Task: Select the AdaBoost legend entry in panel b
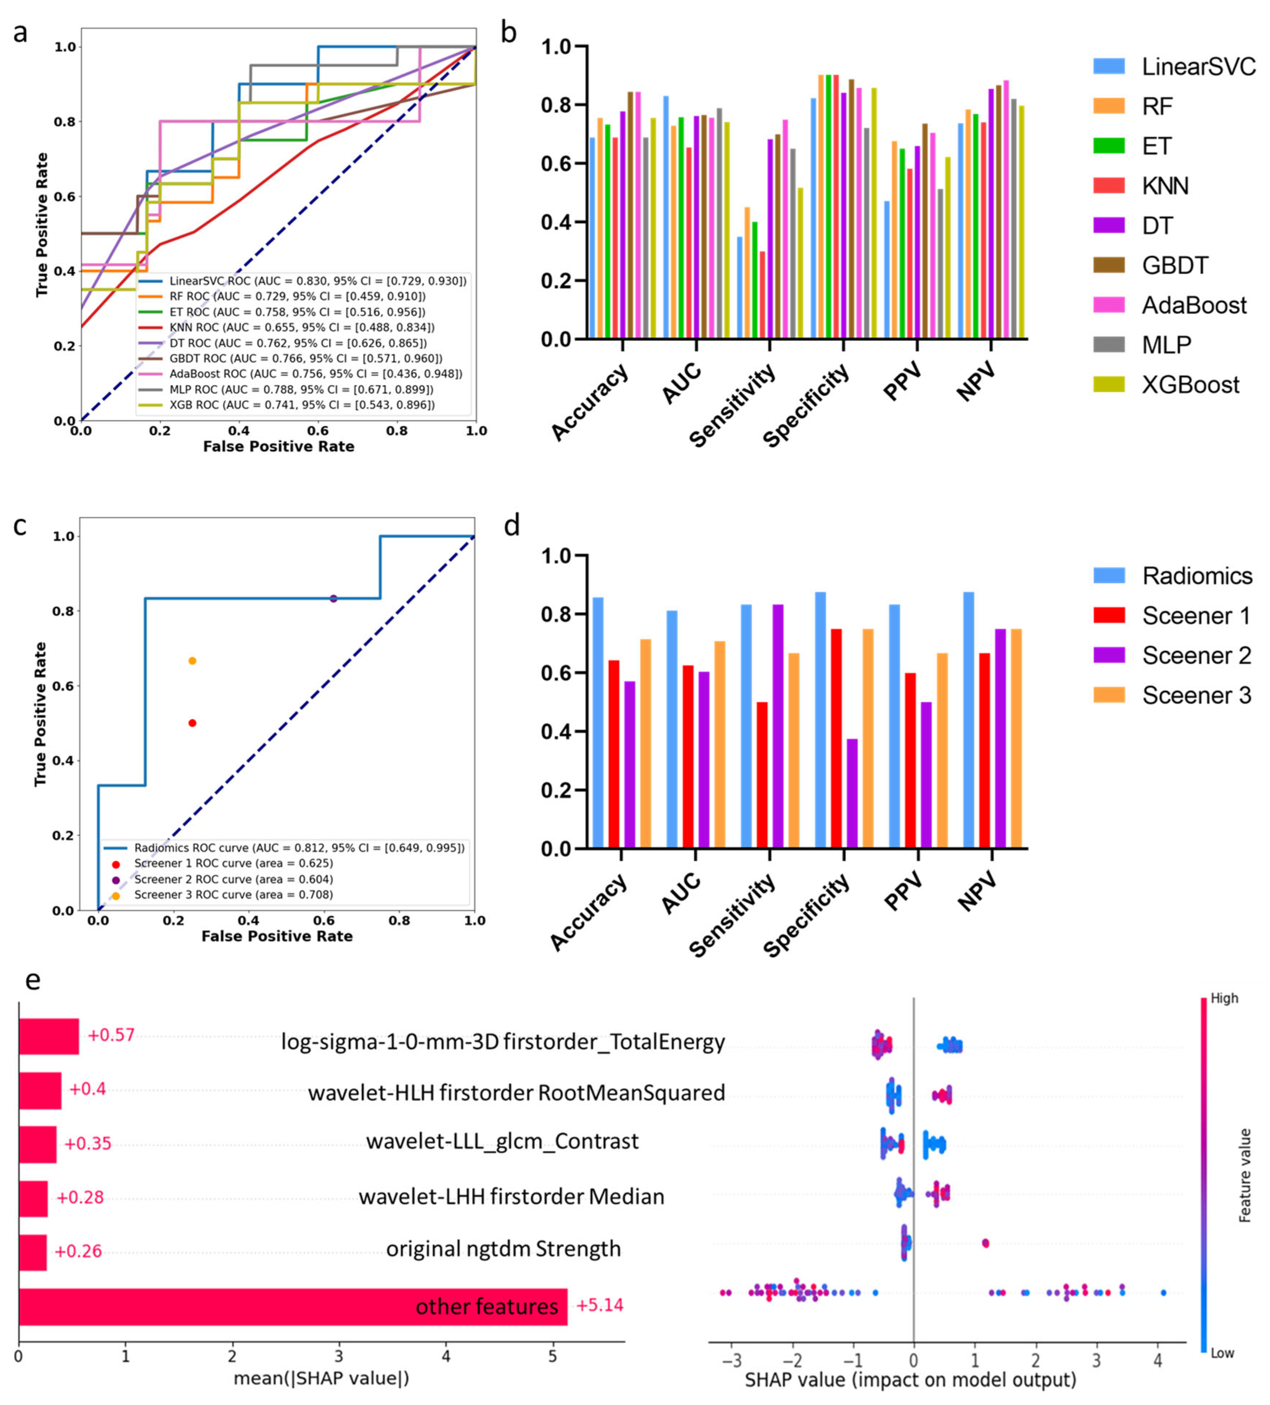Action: pos(1193,305)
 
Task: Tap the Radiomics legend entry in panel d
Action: pos(1196,576)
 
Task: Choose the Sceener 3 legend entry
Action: pos(1196,695)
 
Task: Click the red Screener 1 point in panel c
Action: pos(192,723)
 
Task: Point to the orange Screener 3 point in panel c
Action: pos(192,661)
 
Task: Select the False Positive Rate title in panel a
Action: pos(279,447)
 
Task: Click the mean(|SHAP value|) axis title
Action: pos(321,1378)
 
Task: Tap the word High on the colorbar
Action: pos(1224,998)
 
